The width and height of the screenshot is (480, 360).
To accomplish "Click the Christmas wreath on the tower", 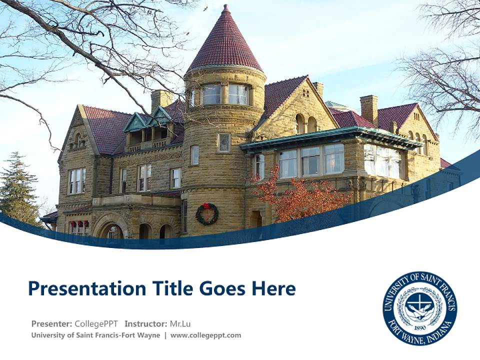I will click(206, 213).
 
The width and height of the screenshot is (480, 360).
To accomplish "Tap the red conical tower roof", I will click(225, 42).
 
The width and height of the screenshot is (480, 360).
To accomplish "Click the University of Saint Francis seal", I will click(419, 308).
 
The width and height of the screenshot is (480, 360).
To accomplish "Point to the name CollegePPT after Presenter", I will click(96, 323).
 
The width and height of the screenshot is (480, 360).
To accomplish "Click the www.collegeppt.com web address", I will click(205, 335).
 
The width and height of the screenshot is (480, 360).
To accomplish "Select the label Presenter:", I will click(51, 323).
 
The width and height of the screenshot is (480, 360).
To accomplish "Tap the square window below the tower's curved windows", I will click(224, 142).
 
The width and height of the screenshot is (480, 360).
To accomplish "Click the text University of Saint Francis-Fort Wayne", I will click(95, 335).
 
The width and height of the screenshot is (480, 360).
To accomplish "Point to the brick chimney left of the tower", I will click(161, 100).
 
